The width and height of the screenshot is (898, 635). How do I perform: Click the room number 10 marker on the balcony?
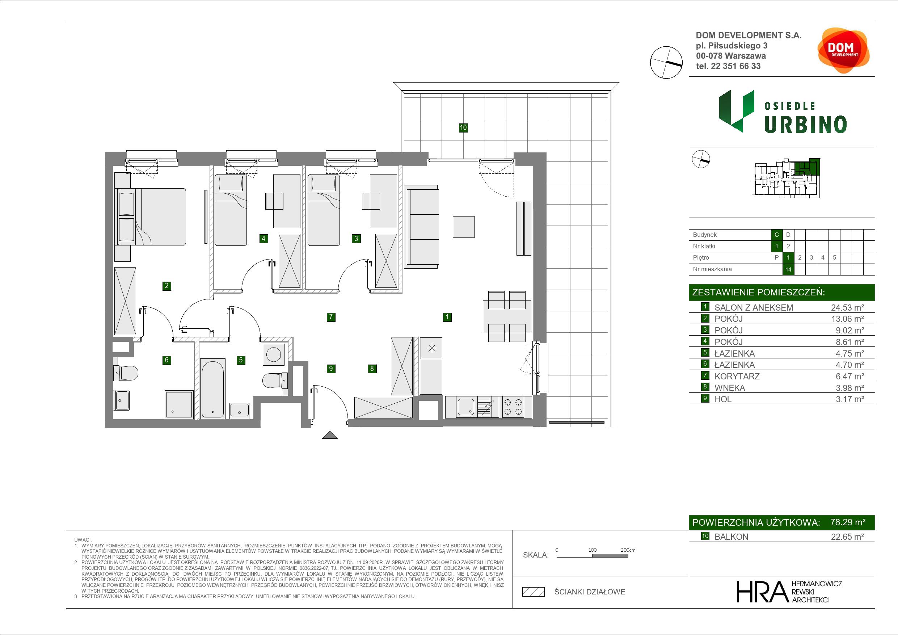point(463,127)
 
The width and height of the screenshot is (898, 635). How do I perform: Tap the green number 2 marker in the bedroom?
point(166,286)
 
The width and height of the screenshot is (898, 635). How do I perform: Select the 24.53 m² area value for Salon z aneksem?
point(847,307)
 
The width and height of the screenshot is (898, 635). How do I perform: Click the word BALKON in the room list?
point(731,537)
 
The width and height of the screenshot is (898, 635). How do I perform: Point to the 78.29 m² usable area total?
point(848,522)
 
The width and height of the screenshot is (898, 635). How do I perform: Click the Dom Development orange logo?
point(843,50)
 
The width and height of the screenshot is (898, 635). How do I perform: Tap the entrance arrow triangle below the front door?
point(330,435)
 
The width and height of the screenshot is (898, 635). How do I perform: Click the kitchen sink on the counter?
point(466,407)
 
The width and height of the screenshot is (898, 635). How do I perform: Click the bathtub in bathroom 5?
point(212,388)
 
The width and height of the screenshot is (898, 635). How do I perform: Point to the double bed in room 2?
point(150,217)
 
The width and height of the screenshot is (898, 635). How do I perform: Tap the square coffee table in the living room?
point(463,227)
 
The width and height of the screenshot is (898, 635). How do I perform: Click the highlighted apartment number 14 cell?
point(788,269)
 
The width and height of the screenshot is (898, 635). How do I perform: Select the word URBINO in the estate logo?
point(805,125)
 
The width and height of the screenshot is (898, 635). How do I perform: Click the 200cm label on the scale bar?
point(628,550)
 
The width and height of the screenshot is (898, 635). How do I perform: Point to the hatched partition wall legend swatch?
point(534,592)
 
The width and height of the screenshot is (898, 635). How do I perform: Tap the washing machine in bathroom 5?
point(273,354)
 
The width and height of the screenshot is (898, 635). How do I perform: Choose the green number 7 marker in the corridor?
point(331,317)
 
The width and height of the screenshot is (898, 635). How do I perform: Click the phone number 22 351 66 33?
point(736,66)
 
